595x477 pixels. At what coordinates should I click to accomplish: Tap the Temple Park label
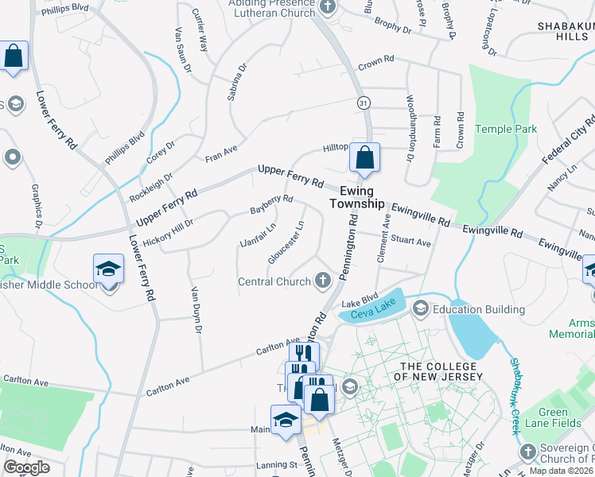point(506,129)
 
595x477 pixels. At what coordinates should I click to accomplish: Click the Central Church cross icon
point(323,280)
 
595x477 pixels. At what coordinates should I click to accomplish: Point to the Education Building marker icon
point(420,308)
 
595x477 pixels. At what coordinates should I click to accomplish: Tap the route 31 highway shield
point(363,103)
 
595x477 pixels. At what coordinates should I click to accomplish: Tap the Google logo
point(27,467)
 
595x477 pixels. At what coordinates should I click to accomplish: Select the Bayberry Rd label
point(272,204)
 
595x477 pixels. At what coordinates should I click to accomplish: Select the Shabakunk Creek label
point(515,395)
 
